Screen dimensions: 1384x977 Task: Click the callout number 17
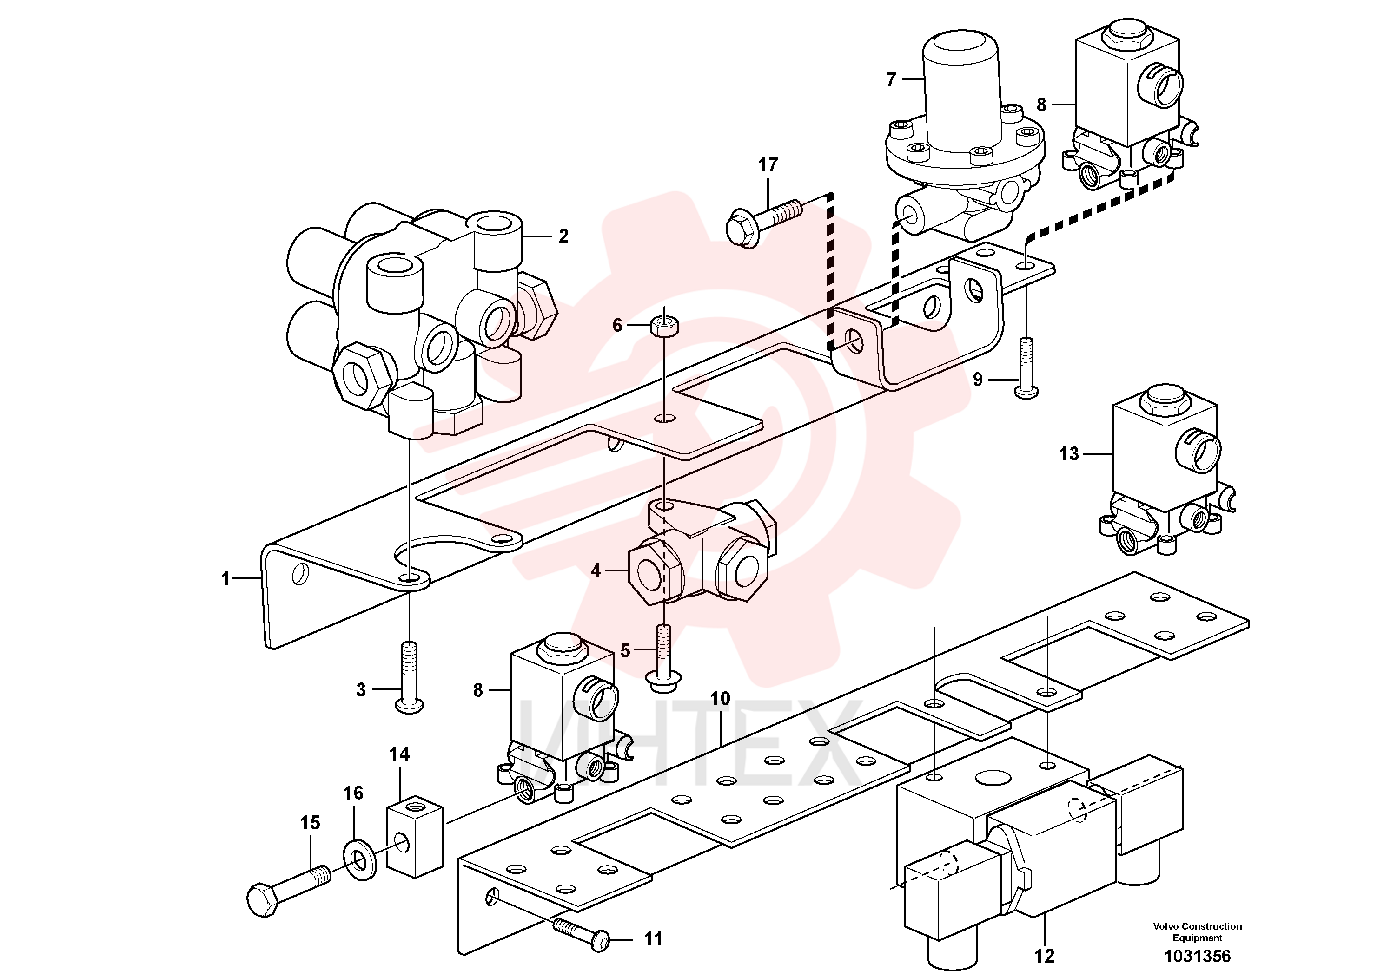(768, 165)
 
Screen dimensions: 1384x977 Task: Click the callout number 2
(563, 236)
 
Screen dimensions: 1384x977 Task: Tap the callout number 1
(225, 579)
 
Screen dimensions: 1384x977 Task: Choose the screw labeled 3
(409, 678)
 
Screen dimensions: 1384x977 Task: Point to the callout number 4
(596, 570)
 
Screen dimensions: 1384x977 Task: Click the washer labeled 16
(360, 858)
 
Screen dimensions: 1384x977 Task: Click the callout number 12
(1045, 956)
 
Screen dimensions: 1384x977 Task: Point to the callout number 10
(720, 699)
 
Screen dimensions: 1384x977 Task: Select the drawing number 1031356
(1197, 956)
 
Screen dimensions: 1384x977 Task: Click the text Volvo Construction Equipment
(1197, 932)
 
